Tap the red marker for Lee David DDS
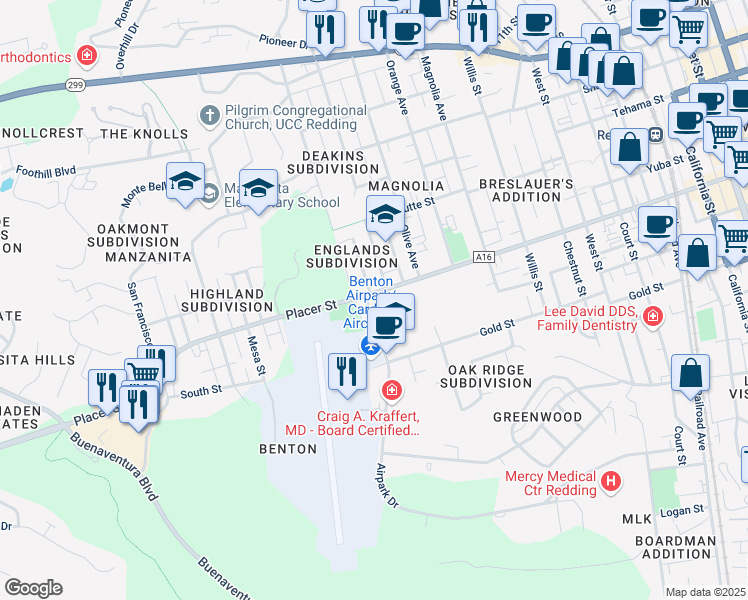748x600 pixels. [x=653, y=317]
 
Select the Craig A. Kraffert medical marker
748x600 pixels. [x=392, y=388]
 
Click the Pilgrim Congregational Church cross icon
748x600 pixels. [x=210, y=116]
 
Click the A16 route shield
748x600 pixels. [x=485, y=257]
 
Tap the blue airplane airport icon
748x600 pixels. [x=371, y=347]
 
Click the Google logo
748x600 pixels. [x=33, y=587]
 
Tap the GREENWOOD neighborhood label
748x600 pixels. [x=537, y=416]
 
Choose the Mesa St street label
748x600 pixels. [x=256, y=356]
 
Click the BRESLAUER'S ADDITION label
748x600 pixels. [x=525, y=190]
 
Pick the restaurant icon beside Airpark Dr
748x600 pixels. [x=347, y=372]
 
